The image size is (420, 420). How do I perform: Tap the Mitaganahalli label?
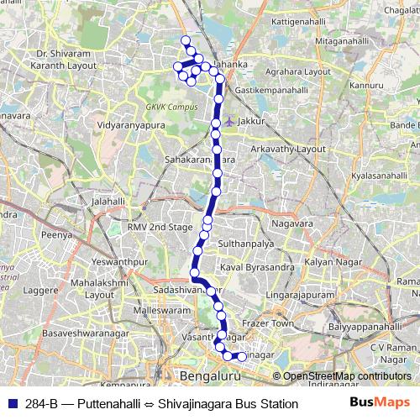pyautogui.click(x=339, y=40)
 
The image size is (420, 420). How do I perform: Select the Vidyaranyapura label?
pyautogui.click(x=134, y=123)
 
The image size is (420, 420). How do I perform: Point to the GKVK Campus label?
pyautogui.click(x=171, y=108)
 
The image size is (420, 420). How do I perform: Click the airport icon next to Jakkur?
pyautogui.click(x=228, y=121)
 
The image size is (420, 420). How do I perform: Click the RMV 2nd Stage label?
pyautogui.click(x=160, y=227)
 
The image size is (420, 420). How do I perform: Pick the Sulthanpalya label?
pyautogui.click(x=246, y=243)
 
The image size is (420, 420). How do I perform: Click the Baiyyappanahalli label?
pyautogui.click(x=366, y=326)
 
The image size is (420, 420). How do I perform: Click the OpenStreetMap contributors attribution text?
pyautogui.click(x=347, y=376)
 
